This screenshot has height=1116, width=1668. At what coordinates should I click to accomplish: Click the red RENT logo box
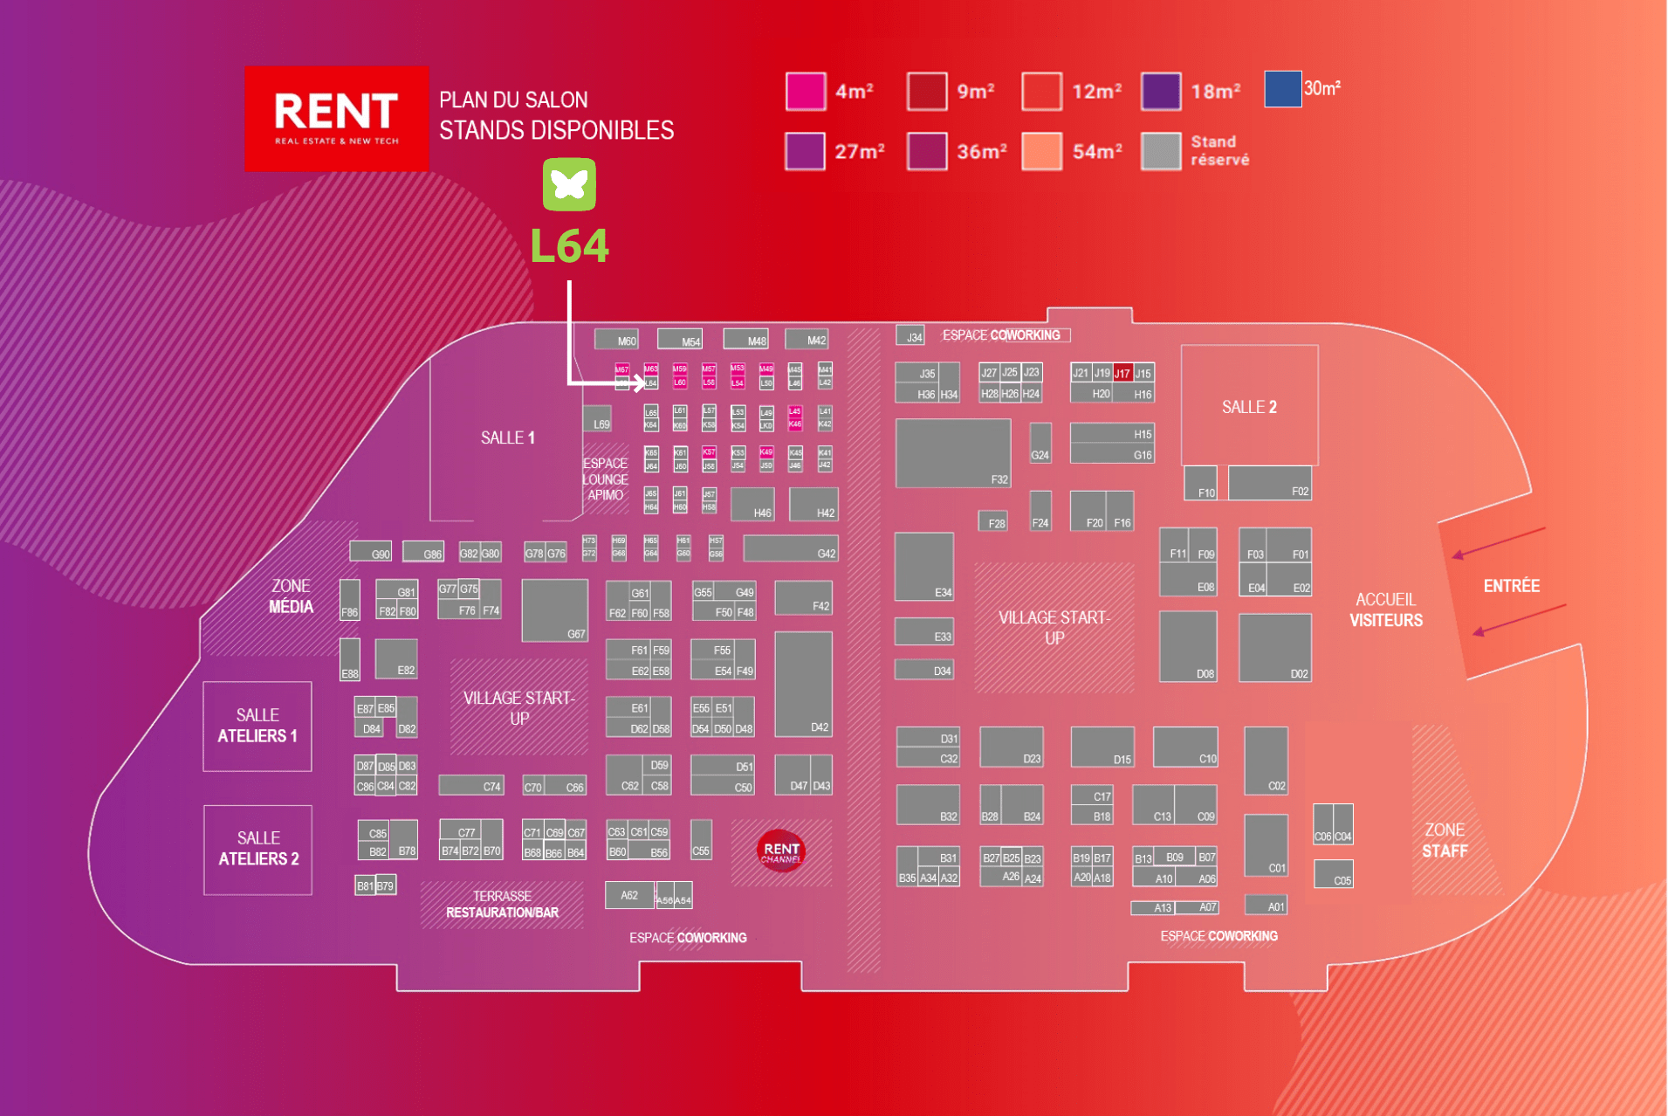pyautogui.click(x=336, y=118)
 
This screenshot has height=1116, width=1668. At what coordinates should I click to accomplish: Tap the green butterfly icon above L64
pyautogui.click(x=569, y=184)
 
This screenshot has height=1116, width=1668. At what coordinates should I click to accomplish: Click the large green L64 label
pyautogui.click(x=569, y=246)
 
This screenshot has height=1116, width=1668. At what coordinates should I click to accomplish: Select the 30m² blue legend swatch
pyautogui.click(x=1282, y=89)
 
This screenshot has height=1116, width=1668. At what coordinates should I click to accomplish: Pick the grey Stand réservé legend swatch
pyautogui.click(x=1161, y=151)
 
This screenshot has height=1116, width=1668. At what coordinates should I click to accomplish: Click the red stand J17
pyautogui.click(x=1122, y=373)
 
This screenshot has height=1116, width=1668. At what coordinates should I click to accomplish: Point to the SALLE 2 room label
pyautogui.click(x=1249, y=407)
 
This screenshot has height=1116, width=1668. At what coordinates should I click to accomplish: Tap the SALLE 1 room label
pyautogui.click(x=507, y=437)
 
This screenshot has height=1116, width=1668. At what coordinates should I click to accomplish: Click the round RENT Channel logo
pyautogui.click(x=781, y=851)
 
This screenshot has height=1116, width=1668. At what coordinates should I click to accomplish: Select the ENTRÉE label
pyautogui.click(x=1511, y=586)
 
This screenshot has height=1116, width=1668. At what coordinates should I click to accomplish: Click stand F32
pyautogui.click(x=952, y=452)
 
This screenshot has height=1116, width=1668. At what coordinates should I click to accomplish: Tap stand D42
pyautogui.click(x=803, y=684)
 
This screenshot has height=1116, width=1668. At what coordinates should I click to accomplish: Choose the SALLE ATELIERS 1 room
pyautogui.click(x=257, y=726)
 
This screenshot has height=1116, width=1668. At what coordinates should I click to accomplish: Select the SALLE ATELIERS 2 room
pyautogui.click(x=258, y=849)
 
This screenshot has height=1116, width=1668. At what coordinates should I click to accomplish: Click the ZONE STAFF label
pyautogui.click(x=1445, y=840)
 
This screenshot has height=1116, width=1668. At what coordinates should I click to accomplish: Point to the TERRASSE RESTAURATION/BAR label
pyautogui.click(x=502, y=905)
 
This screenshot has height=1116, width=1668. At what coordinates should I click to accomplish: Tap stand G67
pyautogui.click(x=554, y=610)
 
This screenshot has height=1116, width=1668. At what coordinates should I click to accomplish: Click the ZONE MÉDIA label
pyautogui.click(x=291, y=596)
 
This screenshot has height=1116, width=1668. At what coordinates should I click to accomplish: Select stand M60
pyautogui.click(x=616, y=340)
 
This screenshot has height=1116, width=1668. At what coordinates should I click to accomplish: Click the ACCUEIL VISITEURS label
pyautogui.click(x=1385, y=610)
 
